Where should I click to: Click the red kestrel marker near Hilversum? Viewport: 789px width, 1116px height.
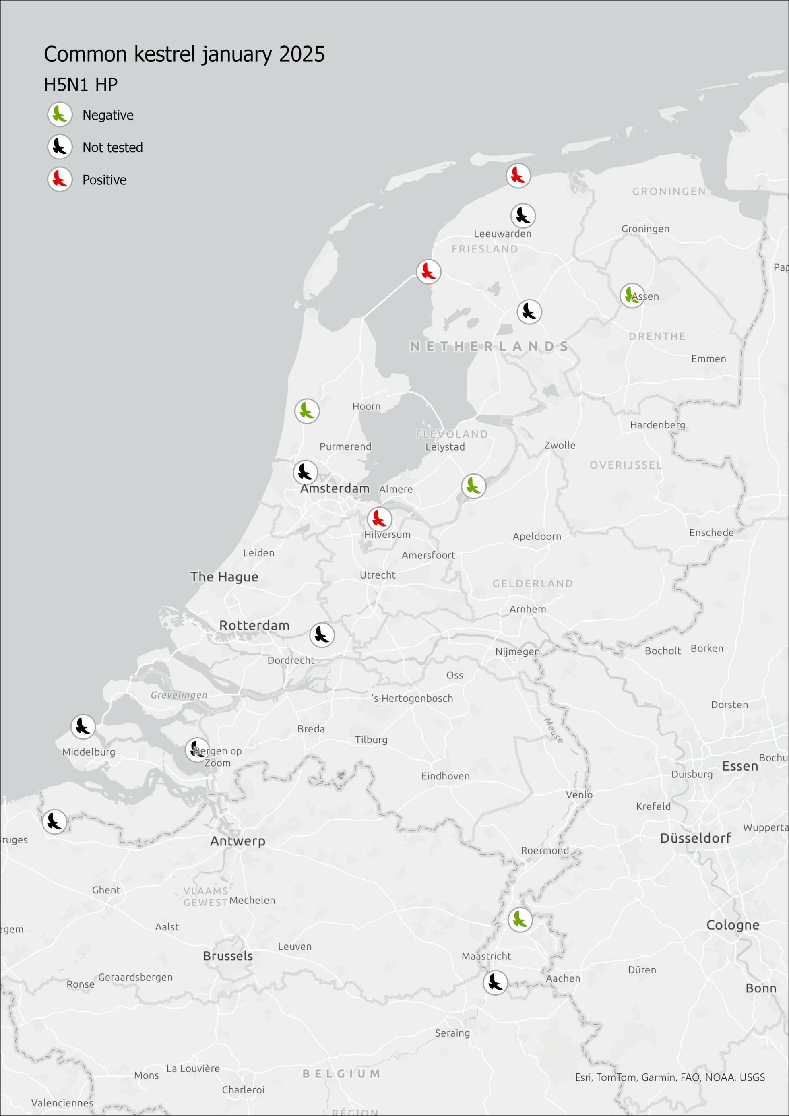(379, 519)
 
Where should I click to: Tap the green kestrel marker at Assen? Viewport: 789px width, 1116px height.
(632, 295)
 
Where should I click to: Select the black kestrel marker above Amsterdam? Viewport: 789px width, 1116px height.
(305, 472)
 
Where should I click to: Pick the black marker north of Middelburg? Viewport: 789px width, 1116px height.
(83, 727)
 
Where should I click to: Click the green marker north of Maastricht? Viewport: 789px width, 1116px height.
(520, 919)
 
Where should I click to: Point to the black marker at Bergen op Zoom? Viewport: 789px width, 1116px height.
(197, 750)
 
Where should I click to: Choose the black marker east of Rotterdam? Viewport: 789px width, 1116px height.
(322, 635)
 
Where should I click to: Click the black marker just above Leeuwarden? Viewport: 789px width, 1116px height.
(523, 215)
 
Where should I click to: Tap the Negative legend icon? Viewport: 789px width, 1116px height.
(60, 115)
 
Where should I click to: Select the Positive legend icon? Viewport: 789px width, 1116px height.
(60, 180)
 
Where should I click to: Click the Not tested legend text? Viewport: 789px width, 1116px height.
(112, 147)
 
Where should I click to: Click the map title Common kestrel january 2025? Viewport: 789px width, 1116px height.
(184, 54)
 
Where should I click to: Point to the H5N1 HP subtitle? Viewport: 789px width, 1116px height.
(81, 85)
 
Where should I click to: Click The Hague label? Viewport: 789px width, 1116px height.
(224, 577)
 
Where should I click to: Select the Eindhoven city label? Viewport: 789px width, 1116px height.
(445, 776)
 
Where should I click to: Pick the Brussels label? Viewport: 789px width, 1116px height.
(228, 956)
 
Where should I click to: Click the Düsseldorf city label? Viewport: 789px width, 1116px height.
(695, 837)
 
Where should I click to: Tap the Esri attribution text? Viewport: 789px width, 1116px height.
(669, 1077)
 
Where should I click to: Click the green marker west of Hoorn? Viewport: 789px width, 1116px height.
(307, 411)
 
